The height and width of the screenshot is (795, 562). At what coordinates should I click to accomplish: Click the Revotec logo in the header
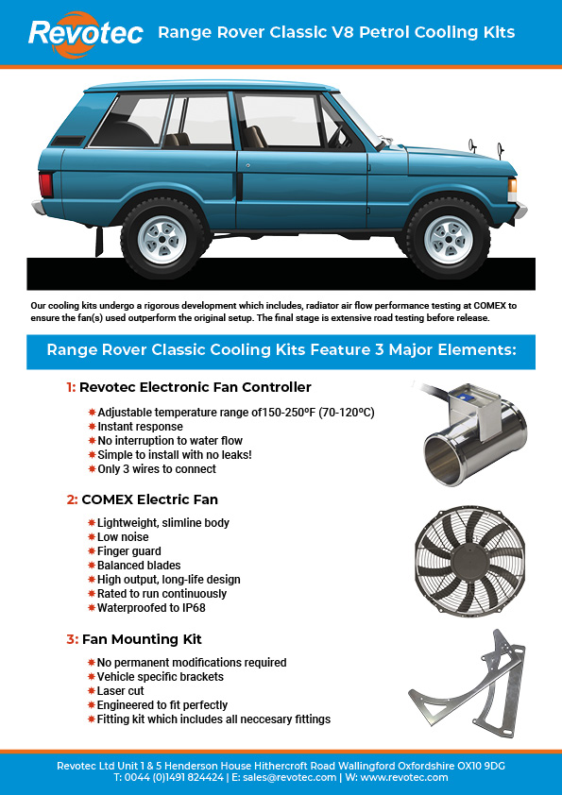[86, 32]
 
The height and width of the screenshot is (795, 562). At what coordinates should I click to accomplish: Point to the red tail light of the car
[45, 184]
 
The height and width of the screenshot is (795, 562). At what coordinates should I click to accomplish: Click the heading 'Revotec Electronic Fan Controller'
[195, 387]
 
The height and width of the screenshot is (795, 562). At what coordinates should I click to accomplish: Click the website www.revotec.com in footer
[404, 777]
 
